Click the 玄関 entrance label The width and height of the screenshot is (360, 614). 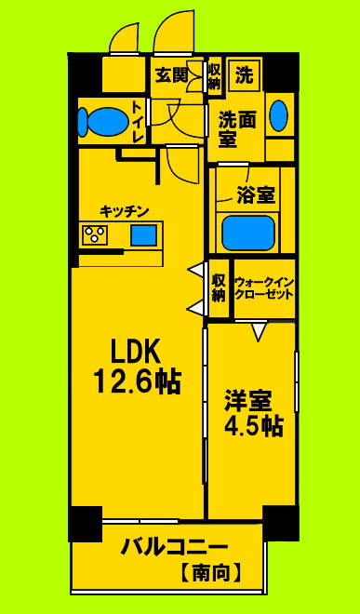coord(172,74)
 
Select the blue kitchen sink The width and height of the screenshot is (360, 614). coord(143,234)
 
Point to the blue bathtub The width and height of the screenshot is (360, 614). coord(247,232)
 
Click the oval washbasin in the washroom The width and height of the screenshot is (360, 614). coord(277,115)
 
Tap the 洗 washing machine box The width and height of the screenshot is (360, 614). coord(244,74)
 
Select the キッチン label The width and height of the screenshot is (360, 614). coord(126,211)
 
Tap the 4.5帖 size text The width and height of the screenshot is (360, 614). coord(252,427)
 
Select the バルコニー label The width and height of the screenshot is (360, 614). coord(174,547)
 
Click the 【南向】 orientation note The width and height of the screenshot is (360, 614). coord(211,573)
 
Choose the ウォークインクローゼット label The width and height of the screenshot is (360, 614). coord(264,287)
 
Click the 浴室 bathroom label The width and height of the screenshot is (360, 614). coord(255,196)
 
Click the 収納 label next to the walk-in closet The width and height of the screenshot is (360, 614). coord(219,287)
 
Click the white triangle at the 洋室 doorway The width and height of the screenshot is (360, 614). coord(260,329)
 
